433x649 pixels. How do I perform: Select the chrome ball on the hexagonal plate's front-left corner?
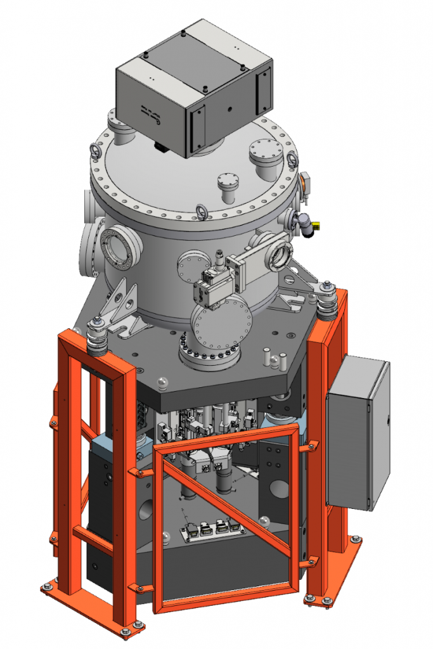[162, 382]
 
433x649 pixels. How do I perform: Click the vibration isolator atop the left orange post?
[97, 336]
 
